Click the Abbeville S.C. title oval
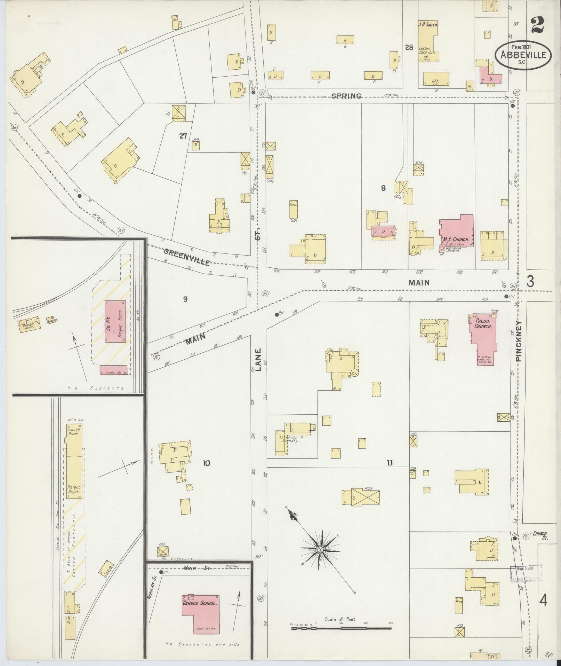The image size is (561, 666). [x=523, y=55]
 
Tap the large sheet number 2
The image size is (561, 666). [x=538, y=25]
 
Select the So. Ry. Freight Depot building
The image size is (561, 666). [x=115, y=321]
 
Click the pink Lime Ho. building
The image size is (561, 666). [x=113, y=370]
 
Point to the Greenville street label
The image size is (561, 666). [x=187, y=257]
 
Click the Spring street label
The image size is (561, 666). [x=346, y=96]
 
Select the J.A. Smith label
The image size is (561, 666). [x=427, y=25]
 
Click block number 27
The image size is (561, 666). [x=183, y=136]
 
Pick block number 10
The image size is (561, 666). [x=207, y=463]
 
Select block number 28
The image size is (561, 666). [x=409, y=47]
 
